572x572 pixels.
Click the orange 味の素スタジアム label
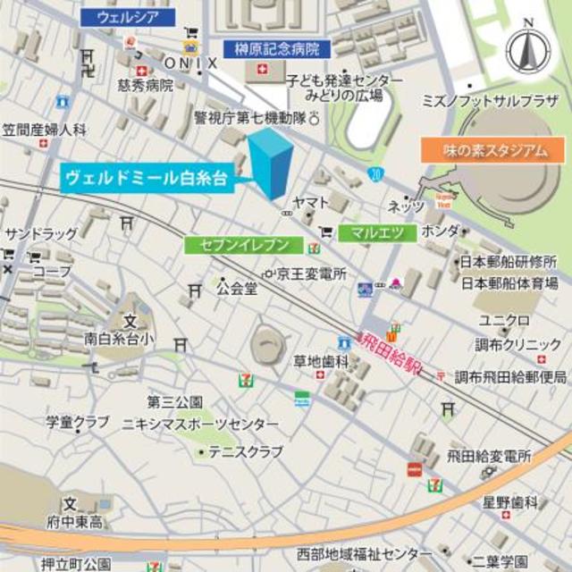point(494,149)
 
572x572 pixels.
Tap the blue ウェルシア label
point(127,16)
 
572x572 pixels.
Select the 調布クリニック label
point(518,345)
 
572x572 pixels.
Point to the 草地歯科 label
point(321,361)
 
